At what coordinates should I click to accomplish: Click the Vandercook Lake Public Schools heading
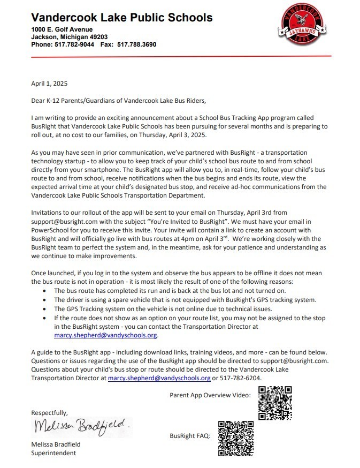(121, 17)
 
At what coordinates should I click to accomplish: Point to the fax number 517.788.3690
(136, 44)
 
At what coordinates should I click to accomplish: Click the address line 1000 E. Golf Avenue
(62, 29)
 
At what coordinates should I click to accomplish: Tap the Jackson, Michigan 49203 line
(70, 37)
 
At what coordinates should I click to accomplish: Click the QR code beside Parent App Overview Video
(274, 402)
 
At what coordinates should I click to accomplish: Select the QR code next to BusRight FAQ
(235, 438)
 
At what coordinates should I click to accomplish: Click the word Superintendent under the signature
(53, 453)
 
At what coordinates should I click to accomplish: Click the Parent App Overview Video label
(210, 396)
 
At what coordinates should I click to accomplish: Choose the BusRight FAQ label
(190, 436)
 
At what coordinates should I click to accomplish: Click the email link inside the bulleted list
(106, 336)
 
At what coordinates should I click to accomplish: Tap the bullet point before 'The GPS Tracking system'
(44, 308)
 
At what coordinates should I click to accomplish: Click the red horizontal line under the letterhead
(181, 56)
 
